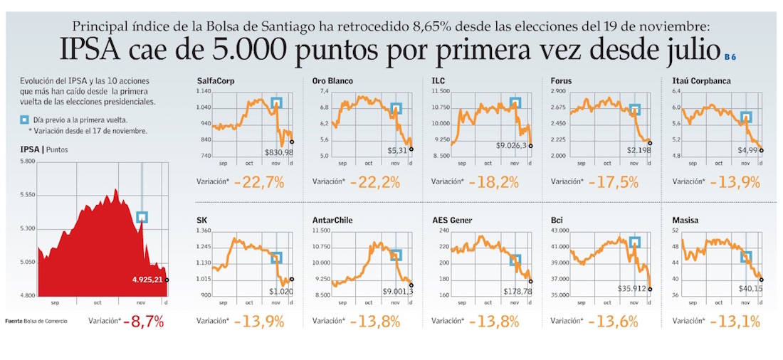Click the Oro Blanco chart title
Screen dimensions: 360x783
tap(332, 81)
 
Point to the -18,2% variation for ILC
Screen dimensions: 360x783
tap(494, 182)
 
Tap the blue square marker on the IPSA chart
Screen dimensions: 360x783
tap(142, 217)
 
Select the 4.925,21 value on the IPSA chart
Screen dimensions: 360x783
tap(148, 280)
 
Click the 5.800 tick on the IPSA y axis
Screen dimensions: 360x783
tap(28, 162)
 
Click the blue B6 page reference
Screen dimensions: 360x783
tap(730, 56)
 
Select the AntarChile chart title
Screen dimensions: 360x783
tap(332, 221)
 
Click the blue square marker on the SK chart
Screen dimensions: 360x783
tap(276, 258)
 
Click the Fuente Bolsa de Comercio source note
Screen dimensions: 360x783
tap(36, 322)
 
